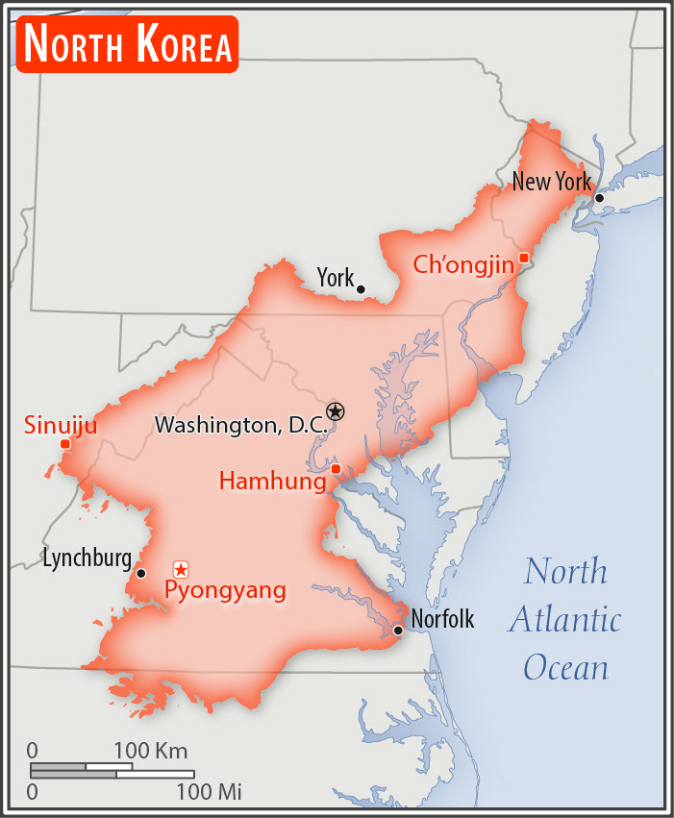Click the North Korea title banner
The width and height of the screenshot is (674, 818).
point(126,44)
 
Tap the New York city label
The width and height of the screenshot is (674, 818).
point(551,181)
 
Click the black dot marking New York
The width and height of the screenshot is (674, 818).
point(599,198)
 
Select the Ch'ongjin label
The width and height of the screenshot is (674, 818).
point(463,264)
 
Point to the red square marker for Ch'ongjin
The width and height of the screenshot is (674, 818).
point(523,258)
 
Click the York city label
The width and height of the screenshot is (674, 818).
point(336,278)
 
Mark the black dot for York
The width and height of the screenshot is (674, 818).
point(361,288)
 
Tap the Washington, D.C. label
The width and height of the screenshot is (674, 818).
point(240,424)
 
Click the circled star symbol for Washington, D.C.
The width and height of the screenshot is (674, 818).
point(335,411)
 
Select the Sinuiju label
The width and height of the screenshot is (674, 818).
point(61,425)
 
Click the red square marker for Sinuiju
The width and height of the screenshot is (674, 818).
point(64,444)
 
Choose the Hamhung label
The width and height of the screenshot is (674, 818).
point(272,481)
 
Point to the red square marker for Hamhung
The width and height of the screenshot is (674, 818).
point(336,469)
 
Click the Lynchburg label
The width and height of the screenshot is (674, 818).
point(87,558)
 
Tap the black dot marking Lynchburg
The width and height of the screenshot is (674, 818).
point(141,573)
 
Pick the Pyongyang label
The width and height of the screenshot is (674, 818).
point(225,590)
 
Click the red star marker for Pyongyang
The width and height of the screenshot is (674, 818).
point(181,570)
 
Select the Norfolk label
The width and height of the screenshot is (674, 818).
point(442,619)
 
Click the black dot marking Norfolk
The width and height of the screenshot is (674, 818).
point(398,631)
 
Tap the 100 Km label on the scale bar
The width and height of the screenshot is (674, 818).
point(151,751)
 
